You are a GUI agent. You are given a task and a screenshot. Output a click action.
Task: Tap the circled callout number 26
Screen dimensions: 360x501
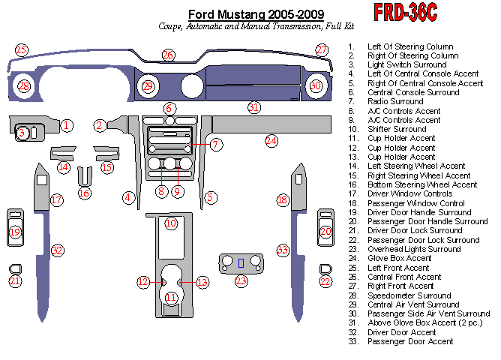coord(168,55)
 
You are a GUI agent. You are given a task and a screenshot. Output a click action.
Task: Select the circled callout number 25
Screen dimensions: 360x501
coord(21,50)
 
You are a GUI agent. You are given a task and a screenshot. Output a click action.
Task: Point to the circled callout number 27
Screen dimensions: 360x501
coord(322,50)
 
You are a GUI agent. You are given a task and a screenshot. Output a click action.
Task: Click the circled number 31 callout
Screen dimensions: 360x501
coord(254,107)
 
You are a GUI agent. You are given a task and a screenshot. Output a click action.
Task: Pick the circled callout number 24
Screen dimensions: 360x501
coord(271,140)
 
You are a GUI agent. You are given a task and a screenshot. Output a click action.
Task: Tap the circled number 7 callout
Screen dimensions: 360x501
coord(215,144)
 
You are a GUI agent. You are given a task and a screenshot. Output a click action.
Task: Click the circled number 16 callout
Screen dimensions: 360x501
coord(84,193)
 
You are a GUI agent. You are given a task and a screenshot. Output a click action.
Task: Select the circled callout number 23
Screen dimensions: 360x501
coord(241,281)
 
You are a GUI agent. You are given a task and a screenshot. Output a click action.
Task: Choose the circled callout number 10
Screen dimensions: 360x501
coord(171,223)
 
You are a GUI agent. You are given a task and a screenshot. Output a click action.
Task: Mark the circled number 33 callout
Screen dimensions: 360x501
coord(283,250)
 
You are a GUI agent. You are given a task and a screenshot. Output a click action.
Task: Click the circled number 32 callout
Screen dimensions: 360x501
coord(57,250)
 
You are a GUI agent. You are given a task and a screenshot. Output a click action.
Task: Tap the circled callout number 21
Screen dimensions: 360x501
coord(15,281)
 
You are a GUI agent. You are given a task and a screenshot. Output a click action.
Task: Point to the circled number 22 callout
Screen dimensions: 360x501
coord(325,281)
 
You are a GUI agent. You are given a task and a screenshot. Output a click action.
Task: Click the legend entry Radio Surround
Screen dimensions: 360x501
coord(395,102)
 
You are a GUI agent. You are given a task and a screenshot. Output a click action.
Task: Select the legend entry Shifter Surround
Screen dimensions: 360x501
coord(397,130)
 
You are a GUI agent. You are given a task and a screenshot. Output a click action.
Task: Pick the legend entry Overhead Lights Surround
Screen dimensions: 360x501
coord(414,249)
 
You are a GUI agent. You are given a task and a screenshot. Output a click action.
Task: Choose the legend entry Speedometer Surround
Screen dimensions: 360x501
coord(409,295)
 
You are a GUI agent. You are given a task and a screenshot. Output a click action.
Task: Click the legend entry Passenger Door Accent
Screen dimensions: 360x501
coord(410,341)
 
